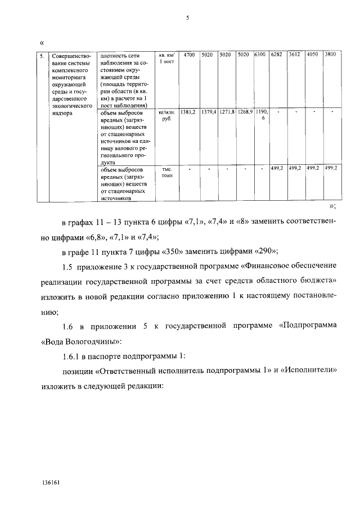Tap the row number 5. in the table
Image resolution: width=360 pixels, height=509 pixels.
pos(41,55)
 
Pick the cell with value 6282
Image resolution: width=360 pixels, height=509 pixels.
pos(276,55)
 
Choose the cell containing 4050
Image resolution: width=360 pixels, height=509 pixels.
pos(313,55)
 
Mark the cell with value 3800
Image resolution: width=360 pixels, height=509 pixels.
pos(331,55)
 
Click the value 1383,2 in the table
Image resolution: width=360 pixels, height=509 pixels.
pos(188,112)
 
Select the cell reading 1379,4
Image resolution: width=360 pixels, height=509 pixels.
pos(209,112)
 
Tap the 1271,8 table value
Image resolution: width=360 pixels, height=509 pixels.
pos(227,112)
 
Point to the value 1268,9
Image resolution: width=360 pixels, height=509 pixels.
pos(245,112)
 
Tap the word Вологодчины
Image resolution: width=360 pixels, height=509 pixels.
pos(91,341)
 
